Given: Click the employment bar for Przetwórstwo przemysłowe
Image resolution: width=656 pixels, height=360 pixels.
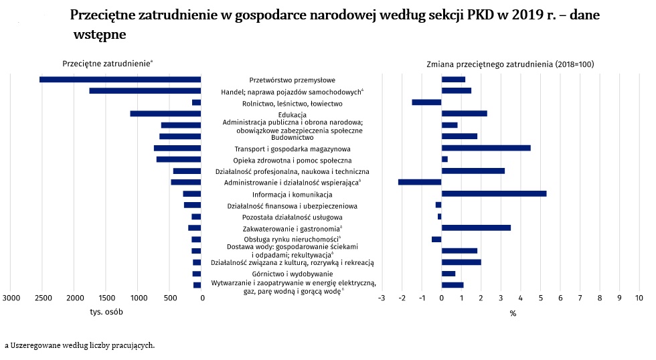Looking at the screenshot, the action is click(120, 80).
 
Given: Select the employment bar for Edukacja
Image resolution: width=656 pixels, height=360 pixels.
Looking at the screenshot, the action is click(165, 114).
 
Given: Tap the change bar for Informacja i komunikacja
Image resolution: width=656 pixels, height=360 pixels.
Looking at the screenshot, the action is click(494, 193).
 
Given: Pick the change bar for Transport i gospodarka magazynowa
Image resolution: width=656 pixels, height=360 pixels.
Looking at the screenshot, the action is click(486, 148).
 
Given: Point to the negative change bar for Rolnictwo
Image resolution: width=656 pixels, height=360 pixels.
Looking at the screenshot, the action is click(427, 102).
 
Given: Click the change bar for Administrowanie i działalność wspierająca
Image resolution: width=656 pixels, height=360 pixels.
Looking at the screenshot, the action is click(420, 182).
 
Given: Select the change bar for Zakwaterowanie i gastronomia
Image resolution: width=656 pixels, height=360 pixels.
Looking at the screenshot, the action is click(476, 228).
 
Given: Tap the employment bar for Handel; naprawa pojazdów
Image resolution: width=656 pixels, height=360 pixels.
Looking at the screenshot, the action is click(145, 91).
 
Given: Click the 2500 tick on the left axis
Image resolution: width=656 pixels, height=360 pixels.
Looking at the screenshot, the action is click(43, 298).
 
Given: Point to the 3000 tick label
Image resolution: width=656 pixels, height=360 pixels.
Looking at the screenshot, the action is click(11, 298).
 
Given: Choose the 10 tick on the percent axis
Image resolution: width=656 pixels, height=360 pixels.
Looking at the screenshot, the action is click(639, 298).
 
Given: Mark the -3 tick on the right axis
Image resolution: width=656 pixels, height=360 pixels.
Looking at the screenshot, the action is click(382, 298).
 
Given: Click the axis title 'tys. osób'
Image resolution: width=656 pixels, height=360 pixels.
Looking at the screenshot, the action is click(106, 312).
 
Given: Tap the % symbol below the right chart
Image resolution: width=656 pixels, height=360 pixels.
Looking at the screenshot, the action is click(513, 314).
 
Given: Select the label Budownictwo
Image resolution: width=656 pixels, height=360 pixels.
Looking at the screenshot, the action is click(292, 137).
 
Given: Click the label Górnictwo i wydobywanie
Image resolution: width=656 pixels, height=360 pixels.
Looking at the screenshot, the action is click(293, 274).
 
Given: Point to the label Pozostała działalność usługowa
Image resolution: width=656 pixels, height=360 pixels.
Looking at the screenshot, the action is click(293, 217).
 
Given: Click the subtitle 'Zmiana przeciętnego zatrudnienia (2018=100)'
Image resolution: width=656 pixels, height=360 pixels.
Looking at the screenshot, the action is click(510, 64).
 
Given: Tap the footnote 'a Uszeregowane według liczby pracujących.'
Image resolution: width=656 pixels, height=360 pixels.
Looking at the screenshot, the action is click(80, 345).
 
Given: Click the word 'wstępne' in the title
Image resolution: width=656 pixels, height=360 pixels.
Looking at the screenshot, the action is click(100, 34).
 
